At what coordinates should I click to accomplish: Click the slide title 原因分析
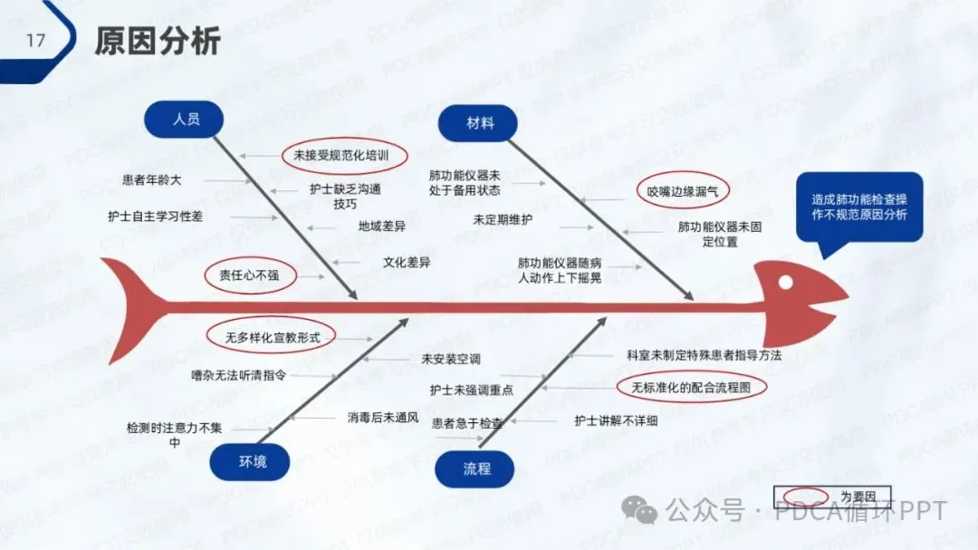pos(157,41)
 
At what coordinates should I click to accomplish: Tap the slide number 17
pos(35,41)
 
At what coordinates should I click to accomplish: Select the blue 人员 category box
pos(185,119)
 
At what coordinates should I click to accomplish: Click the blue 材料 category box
pos(479,123)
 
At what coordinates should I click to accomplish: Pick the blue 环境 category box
pos(252,462)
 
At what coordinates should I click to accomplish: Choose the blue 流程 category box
pos(476,468)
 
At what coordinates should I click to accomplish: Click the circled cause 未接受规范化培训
pos(340,156)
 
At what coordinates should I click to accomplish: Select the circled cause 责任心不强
pos(250,275)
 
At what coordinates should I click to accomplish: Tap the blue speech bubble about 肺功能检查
pos(859,207)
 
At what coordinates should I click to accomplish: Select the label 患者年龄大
pos(152,180)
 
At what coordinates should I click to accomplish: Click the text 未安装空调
pos(450,359)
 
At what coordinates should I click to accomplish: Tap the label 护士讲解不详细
pos(616,420)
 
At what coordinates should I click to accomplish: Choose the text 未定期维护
pos(503,219)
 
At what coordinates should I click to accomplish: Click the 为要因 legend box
pos(832,497)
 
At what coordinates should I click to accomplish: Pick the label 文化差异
pos(406,263)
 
